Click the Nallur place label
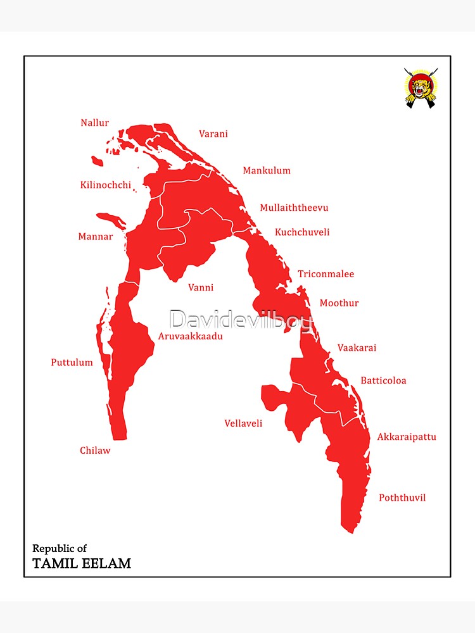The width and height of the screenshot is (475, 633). click(x=94, y=123)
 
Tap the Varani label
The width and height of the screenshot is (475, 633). click(x=213, y=134)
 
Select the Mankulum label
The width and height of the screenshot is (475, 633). click(x=267, y=170)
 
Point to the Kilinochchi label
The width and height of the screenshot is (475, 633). click(x=106, y=185)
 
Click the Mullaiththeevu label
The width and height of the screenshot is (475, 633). click(x=294, y=208)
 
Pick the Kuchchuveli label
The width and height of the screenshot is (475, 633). click(x=302, y=232)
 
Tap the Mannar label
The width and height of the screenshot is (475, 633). click(x=96, y=237)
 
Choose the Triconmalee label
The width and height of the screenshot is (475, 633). click(x=326, y=274)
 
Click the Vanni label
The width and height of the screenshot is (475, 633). click(x=201, y=288)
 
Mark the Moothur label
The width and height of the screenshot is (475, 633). click(x=339, y=303)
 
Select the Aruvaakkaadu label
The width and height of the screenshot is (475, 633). click(x=191, y=336)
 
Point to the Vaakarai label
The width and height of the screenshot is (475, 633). click(x=357, y=348)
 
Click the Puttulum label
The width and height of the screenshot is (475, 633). click(x=72, y=363)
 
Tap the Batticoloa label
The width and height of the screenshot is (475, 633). click(x=383, y=380)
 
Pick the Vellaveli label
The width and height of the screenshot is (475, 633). click(x=243, y=423)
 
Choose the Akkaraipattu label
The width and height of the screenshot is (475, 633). click(x=407, y=437)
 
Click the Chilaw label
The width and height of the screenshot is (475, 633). click(x=95, y=451)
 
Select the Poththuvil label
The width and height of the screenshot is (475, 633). click(x=402, y=498)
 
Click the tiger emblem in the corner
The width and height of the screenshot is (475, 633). click(x=421, y=88)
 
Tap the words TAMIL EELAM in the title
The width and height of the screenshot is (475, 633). click(x=82, y=563)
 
